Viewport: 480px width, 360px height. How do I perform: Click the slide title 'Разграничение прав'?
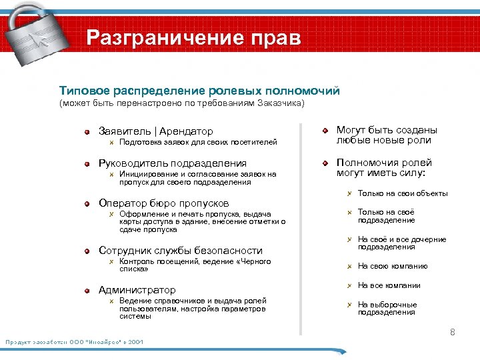click(194, 37)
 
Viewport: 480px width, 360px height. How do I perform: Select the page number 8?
click(452, 332)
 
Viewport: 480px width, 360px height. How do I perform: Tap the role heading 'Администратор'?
click(137, 290)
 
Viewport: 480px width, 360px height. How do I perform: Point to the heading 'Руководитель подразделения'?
click(172, 163)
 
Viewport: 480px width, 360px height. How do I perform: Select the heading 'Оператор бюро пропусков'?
click(163, 203)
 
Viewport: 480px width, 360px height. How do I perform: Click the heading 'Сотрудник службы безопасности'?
click(180, 251)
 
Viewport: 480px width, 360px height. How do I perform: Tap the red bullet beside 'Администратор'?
click(87, 291)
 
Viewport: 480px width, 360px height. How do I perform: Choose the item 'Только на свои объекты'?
click(402, 194)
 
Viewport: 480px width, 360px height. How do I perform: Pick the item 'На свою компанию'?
click(393, 266)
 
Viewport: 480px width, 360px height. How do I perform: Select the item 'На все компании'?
click(389, 285)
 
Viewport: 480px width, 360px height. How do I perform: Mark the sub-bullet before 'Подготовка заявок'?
click(112, 143)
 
